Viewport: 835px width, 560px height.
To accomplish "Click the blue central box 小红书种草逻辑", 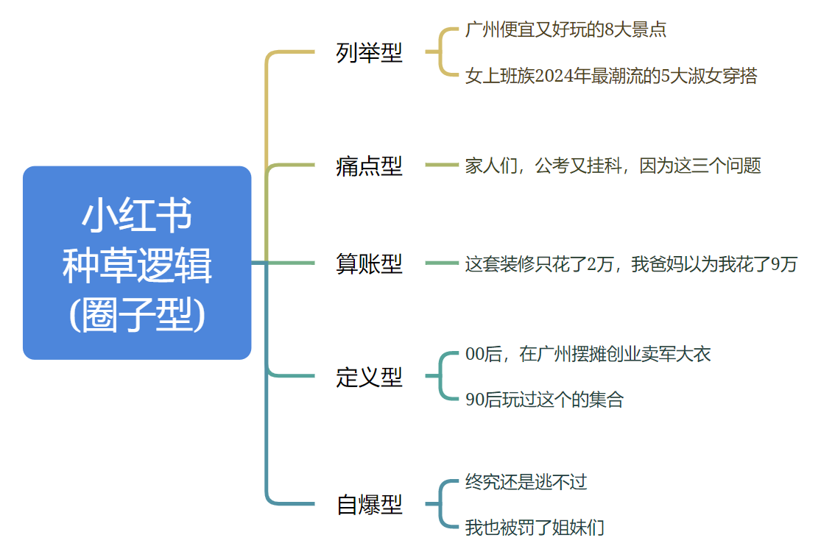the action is pyautogui.click(x=137, y=263).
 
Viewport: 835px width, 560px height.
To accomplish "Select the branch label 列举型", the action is pyautogui.click(x=369, y=53).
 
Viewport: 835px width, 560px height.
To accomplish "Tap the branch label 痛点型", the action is pyautogui.click(x=369, y=166).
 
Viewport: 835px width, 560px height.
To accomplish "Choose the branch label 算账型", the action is pyautogui.click(x=369, y=263).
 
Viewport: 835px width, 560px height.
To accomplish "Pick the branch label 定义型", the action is pyautogui.click(x=369, y=377).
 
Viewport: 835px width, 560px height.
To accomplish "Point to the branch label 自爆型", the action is pyautogui.click(x=369, y=504).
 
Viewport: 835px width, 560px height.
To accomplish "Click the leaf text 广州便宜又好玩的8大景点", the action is pyautogui.click(x=566, y=29).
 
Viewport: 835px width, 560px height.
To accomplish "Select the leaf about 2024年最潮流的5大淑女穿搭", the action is pyautogui.click(x=611, y=76).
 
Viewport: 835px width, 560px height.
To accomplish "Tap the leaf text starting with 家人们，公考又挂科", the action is pyautogui.click(x=613, y=166).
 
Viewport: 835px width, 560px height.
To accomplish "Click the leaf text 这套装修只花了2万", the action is pyautogui.click(x=631, y=264).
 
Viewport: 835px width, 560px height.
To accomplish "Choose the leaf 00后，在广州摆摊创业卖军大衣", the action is pyautogui.click(x=588, y=354).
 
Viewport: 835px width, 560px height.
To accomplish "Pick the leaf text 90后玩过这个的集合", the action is pyautogui.click(x=544, y=400).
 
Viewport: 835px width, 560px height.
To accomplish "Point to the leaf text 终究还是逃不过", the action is pyautogui.click(x=526, y=482).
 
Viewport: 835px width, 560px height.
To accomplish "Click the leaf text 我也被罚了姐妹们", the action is pyautogui.click(x=535, y=528).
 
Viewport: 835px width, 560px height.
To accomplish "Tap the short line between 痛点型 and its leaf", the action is pyautogui.click(x=442, y=165).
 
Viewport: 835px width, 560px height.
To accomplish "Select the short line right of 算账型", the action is pyautogui.click(x=442, y=263).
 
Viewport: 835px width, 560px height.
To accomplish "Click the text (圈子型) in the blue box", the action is pyautogui.click(x=137, y=315).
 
